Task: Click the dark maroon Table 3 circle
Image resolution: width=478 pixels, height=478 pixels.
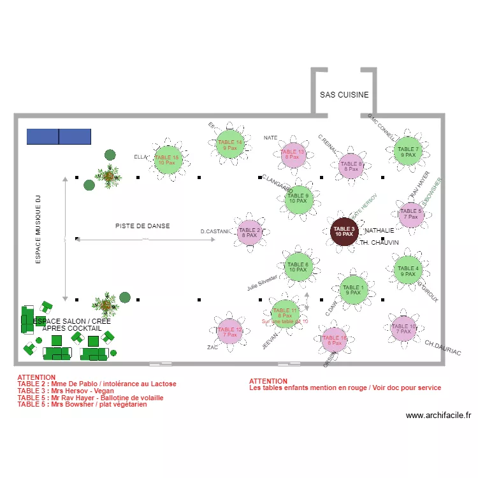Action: (344, 231)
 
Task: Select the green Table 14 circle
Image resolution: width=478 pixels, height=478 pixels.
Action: (229, 145)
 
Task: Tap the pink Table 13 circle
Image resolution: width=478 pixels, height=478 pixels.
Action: (294, 154)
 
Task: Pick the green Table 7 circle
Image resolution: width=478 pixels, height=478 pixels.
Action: (408, 152)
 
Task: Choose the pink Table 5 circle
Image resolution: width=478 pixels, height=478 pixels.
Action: (410, 214)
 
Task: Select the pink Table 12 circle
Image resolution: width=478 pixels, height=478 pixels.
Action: (230, 331)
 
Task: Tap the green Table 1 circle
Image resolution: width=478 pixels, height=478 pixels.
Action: (353, 290)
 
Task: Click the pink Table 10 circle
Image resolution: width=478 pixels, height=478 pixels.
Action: (403, 329)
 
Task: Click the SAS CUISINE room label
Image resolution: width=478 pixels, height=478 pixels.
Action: (344, 95)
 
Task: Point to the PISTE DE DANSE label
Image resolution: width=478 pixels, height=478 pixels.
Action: (143, 226)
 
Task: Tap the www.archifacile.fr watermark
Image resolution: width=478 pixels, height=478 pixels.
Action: (438, 416)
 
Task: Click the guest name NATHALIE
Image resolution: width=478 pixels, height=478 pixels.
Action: (380, 229)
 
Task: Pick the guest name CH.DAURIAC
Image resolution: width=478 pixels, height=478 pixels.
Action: (443, 348)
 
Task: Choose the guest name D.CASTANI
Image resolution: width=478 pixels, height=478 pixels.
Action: (214, 231)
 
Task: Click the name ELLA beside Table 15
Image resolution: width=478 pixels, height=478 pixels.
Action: (141, 157)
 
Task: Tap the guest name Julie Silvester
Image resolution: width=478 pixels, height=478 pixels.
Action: (263, 282)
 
